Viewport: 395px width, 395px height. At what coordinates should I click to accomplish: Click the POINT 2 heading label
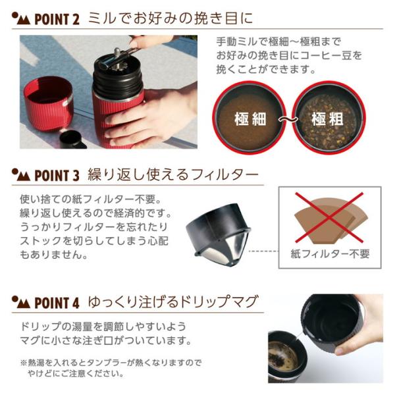(57, 19)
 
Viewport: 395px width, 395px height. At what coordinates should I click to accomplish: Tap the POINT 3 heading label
(57, 175)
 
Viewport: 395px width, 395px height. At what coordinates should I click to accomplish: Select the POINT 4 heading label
(57, 303)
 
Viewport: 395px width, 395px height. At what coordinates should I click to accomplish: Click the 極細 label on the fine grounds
(250, 119)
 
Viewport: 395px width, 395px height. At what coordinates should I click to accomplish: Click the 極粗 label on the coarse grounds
(327, 119)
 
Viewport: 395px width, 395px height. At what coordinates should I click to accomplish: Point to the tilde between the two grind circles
(288, 119)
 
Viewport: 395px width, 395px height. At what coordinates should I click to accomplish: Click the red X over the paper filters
(329, 218)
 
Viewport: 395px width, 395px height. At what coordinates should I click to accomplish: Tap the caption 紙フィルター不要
(330, 253)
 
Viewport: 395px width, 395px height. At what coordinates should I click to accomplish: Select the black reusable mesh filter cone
(218, 234)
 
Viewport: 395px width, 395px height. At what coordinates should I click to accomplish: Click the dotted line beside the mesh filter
(263, 251)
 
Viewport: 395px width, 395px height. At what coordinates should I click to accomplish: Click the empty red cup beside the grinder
(48, 103)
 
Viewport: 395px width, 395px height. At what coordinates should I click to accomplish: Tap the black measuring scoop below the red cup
(72, 140)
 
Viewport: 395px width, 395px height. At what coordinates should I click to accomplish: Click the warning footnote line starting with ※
(111, 363)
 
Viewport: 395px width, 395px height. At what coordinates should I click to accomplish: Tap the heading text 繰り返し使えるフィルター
(173, 175)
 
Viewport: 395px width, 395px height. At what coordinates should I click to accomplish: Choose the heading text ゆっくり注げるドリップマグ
(173, 302)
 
